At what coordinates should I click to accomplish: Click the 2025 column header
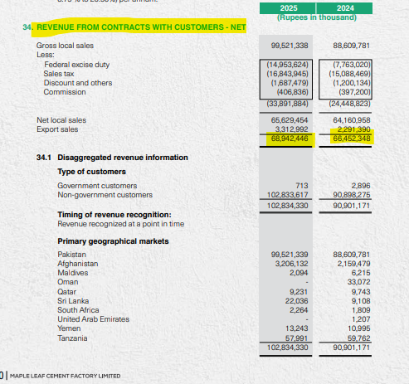tap(289, 7)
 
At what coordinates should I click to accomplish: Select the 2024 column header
tap(352, 7)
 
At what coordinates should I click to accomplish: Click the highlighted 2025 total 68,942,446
tap(290, 138)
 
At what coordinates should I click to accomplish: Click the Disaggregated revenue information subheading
tap(113, 157)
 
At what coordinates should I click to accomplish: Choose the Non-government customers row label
tap(94, 194)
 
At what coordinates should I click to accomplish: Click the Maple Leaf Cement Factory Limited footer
tap(65, 376)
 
